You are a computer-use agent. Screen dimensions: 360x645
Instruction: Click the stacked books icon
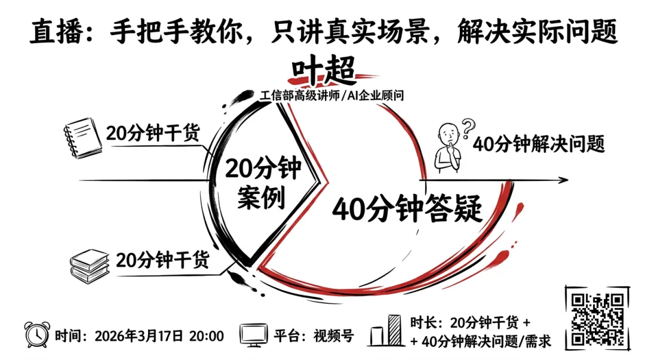click(x=90, y=264)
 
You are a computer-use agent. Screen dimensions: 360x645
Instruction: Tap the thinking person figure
click(x=449, y=149)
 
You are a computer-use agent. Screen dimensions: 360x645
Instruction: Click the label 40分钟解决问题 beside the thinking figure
click(x=539, y=144)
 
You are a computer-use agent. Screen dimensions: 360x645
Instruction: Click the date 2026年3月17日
click(x=139, y=336)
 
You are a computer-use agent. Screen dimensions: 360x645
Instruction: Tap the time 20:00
click(x=206, y=336)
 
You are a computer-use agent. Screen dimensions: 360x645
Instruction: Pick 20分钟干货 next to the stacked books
click(x=162, y=260)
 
